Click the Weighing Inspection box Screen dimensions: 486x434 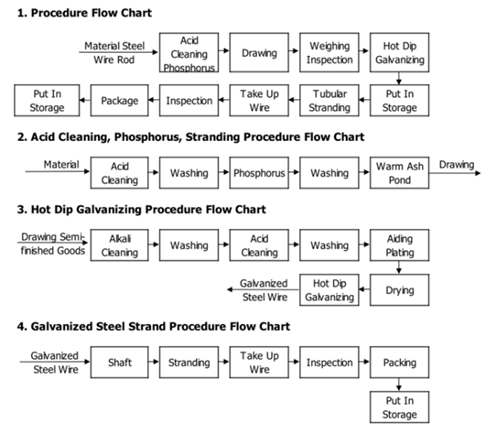tap(329, 53)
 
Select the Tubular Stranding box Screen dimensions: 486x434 tap(329, 101)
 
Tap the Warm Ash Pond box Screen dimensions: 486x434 tap(400, 173)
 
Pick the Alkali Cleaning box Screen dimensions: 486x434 tap(120, 245)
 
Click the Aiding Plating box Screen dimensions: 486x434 tap(400, 245)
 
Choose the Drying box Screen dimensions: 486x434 tap(400, 290)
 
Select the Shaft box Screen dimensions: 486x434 tap(120, 362)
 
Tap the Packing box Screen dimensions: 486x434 tap(400, 362)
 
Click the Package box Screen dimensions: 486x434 tap(120, 101)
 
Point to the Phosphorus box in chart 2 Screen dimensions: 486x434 tap(259, 173)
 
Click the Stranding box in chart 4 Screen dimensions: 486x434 tap(189, 362)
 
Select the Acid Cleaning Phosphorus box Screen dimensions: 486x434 tap(189, 53)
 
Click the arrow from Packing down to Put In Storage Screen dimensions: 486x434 tap(399, 385)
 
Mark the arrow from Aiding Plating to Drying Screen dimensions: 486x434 tap(399, 267)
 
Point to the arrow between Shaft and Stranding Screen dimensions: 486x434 tap(154, 362)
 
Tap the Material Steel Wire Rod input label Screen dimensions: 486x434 tap(114, 53)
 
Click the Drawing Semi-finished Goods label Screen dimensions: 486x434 tap(53, 244)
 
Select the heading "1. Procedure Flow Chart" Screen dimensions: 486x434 tap(84, 13)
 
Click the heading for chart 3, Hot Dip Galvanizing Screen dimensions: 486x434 tap(142, 210)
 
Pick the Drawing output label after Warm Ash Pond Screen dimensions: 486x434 tap(457, 165)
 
